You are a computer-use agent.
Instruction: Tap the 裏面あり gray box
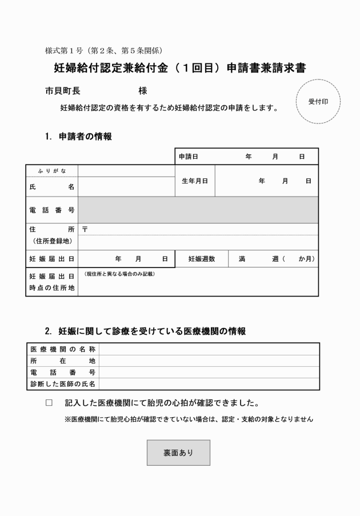point(178,453)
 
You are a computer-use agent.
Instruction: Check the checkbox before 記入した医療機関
point(49,403)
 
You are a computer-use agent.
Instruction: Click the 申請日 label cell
point(189,156)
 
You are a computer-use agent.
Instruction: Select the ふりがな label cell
point(52,170)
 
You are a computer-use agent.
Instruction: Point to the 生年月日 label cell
point(195,181)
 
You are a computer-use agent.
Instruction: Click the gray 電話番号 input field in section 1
point(198,210)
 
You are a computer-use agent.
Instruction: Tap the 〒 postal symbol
point(85,229)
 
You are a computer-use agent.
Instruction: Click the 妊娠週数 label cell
point(202,259)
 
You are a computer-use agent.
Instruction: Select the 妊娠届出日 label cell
point(52,259)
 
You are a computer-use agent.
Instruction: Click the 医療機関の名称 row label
point(63,349)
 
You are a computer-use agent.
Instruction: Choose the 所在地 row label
point(63,361)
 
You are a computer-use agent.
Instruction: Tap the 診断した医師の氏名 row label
point(63,384)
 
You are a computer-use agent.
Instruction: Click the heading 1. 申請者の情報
point(78,137)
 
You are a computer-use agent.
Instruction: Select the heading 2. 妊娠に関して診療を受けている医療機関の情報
point(146,331)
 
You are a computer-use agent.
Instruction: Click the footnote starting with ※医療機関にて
point(189,419)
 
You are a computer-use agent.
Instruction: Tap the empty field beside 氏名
point(126,187)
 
